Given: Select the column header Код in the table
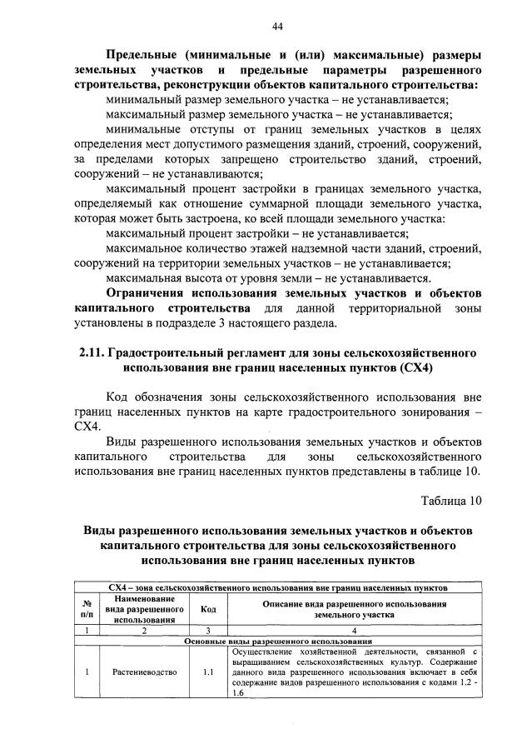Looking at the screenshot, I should (x=209, y=609).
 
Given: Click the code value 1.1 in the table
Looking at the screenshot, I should (x=209, y=671).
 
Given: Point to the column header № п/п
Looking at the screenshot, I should (x=87, y=608).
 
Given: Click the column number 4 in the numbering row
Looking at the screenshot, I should (x=355, y=631).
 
